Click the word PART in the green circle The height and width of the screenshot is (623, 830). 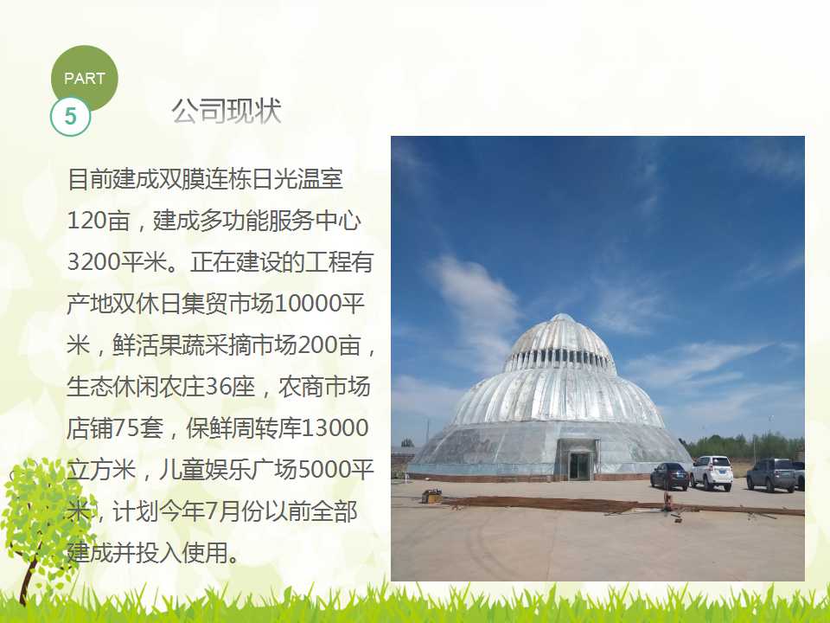[x=84, y=79]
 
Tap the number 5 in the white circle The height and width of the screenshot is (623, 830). [x=70, y=116]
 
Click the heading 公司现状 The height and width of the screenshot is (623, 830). [x=227, y=112]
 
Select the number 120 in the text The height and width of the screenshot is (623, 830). [x=85, y=221]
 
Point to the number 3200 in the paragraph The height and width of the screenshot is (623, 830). [x=91, y=262]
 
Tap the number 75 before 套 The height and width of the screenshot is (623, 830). [x=124, y=428]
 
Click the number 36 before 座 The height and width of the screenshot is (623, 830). [x=216, y=387]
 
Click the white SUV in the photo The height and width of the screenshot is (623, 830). [x=712, y=472]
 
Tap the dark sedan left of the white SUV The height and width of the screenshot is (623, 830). [x=669, y=475]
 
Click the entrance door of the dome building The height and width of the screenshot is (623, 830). [x=580, y=466]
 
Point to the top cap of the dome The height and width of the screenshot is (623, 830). [x=562, y=318]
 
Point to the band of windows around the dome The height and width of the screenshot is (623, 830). [x=559, y=358]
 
